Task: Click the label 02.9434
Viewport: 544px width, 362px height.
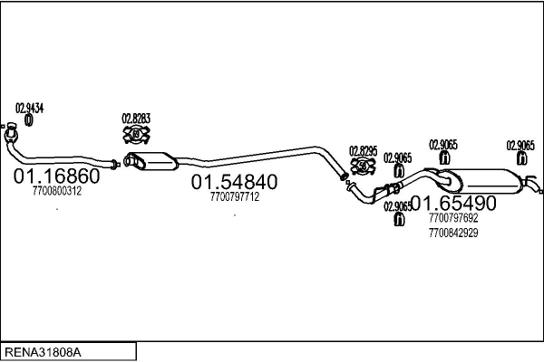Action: click(30, 108)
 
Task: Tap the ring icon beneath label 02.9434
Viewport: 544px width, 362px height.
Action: click(28, 119)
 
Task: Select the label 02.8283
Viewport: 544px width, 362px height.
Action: click(136, 119)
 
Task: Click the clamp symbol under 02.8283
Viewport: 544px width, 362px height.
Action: click(136, 135)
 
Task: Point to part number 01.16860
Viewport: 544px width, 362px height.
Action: click(56, 176)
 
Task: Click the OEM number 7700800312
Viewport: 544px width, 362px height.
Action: click(56, 191)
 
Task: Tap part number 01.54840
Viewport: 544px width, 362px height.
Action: click(234, 182)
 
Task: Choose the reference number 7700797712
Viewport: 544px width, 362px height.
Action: click(234, 196)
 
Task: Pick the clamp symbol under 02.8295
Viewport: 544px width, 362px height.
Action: click(363, 166)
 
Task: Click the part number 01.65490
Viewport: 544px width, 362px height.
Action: click(453, 202)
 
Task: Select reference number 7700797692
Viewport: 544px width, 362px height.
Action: click(453, 218)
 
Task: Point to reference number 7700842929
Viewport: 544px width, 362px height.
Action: click(453, 233)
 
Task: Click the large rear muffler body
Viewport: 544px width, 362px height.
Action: click(485, 179)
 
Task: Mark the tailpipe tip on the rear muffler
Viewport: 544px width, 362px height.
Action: click(539, 188)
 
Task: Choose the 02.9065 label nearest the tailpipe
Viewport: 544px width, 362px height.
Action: click(520, 145)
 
